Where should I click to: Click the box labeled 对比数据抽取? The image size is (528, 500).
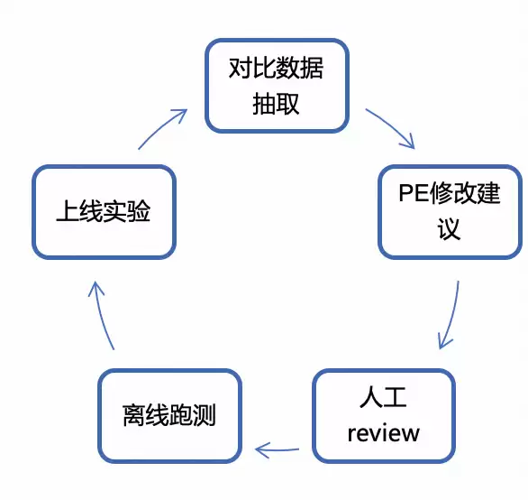pos(277,86)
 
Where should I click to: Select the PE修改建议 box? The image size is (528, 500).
pos(450,212)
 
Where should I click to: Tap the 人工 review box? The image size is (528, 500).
pos(384,416)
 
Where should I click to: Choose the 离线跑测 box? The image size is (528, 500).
pos(169,416)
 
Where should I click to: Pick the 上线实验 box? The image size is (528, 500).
pos(104,212)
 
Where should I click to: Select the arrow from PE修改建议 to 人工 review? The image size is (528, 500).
pos(452,316)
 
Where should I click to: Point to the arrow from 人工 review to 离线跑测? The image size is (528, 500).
pos(277,449)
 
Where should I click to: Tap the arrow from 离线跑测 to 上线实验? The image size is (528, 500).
pos(102,315)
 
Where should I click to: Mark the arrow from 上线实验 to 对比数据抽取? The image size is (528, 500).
pos(161,127)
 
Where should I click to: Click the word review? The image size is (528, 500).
pos(384,433)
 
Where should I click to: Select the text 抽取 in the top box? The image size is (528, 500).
pos(276,103)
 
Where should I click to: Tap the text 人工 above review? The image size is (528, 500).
pos(383,397)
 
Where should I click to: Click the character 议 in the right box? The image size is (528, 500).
pos(449,229)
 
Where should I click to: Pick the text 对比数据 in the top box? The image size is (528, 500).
pos(276,68)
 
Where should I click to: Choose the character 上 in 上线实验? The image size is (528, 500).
pos(68,211)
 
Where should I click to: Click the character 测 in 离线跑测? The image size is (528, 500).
pos(204,414)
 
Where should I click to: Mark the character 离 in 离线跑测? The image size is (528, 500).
pos(134,414)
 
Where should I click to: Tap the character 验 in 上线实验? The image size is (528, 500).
pos(139,211)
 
